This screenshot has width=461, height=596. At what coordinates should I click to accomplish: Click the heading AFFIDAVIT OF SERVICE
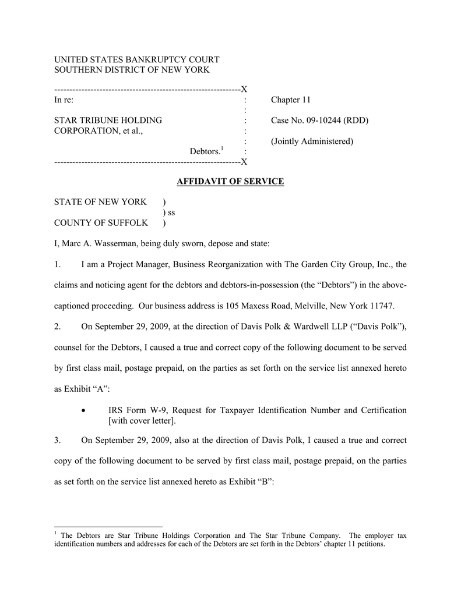click(230, 182)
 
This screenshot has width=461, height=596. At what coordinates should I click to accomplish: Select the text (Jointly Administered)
click(312, 141)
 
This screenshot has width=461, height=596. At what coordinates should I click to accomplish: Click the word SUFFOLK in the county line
click(132, 223)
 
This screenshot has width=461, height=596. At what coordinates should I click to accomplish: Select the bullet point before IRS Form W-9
click(85, 411)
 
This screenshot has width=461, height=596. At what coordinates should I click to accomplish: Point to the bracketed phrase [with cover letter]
click(142, 421)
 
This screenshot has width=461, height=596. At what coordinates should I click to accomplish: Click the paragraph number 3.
click(57, 441)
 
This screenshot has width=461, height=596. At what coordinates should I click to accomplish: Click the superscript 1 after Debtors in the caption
click(223, 149)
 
